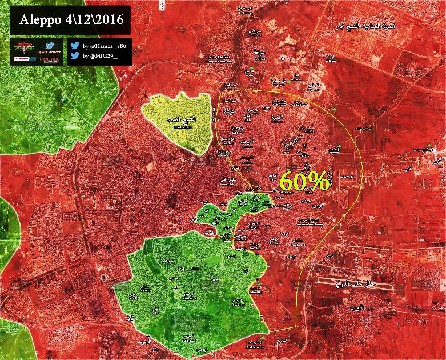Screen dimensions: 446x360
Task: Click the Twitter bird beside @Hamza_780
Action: pos(75,45)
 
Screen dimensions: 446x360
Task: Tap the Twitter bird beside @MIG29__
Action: pos(75,56)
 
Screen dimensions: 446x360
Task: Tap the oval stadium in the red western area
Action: pos(105,277)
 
